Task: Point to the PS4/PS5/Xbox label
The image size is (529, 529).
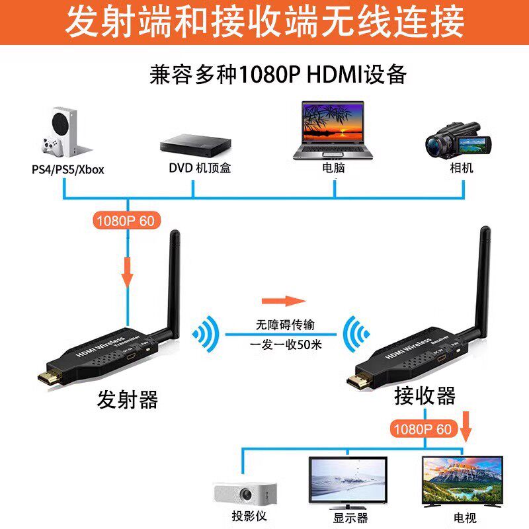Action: [x=68, y=169]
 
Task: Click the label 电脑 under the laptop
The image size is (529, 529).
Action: [x=333, y=168]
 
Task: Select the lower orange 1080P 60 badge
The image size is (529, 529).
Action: [x=422, y=428]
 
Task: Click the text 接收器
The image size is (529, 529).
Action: [x=425, y=395]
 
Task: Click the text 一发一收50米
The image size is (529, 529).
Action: [x=286, y=345]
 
